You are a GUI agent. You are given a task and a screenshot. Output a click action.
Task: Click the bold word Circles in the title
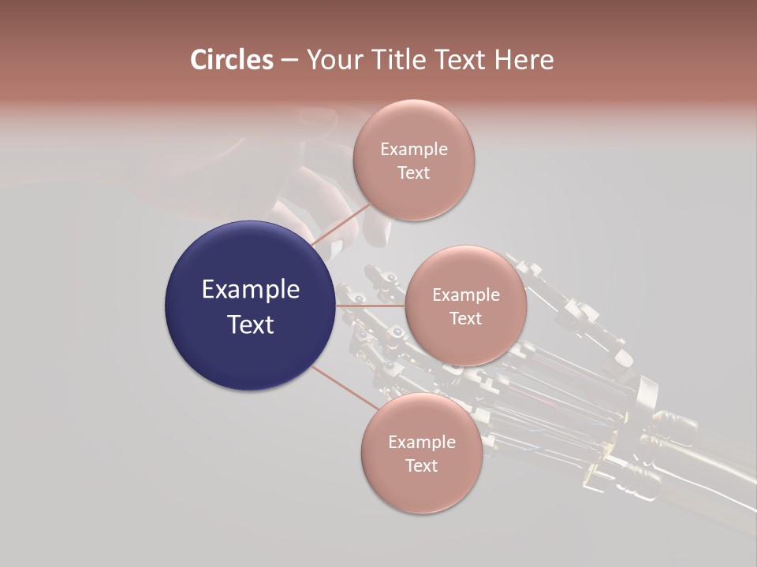[231, 60]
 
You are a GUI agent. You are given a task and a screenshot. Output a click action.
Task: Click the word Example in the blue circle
[251, 290]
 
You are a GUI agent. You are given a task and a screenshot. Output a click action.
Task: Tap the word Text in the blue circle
[251, 324]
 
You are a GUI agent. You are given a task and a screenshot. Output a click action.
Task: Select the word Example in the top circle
[413, 150]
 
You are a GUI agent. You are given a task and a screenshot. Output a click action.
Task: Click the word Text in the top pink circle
[413, 173]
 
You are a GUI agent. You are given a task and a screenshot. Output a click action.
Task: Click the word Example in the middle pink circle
[465, 295]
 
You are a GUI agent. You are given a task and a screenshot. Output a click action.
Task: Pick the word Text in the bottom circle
[421, 466]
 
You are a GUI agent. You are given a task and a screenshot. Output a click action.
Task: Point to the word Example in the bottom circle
[421, 443]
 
